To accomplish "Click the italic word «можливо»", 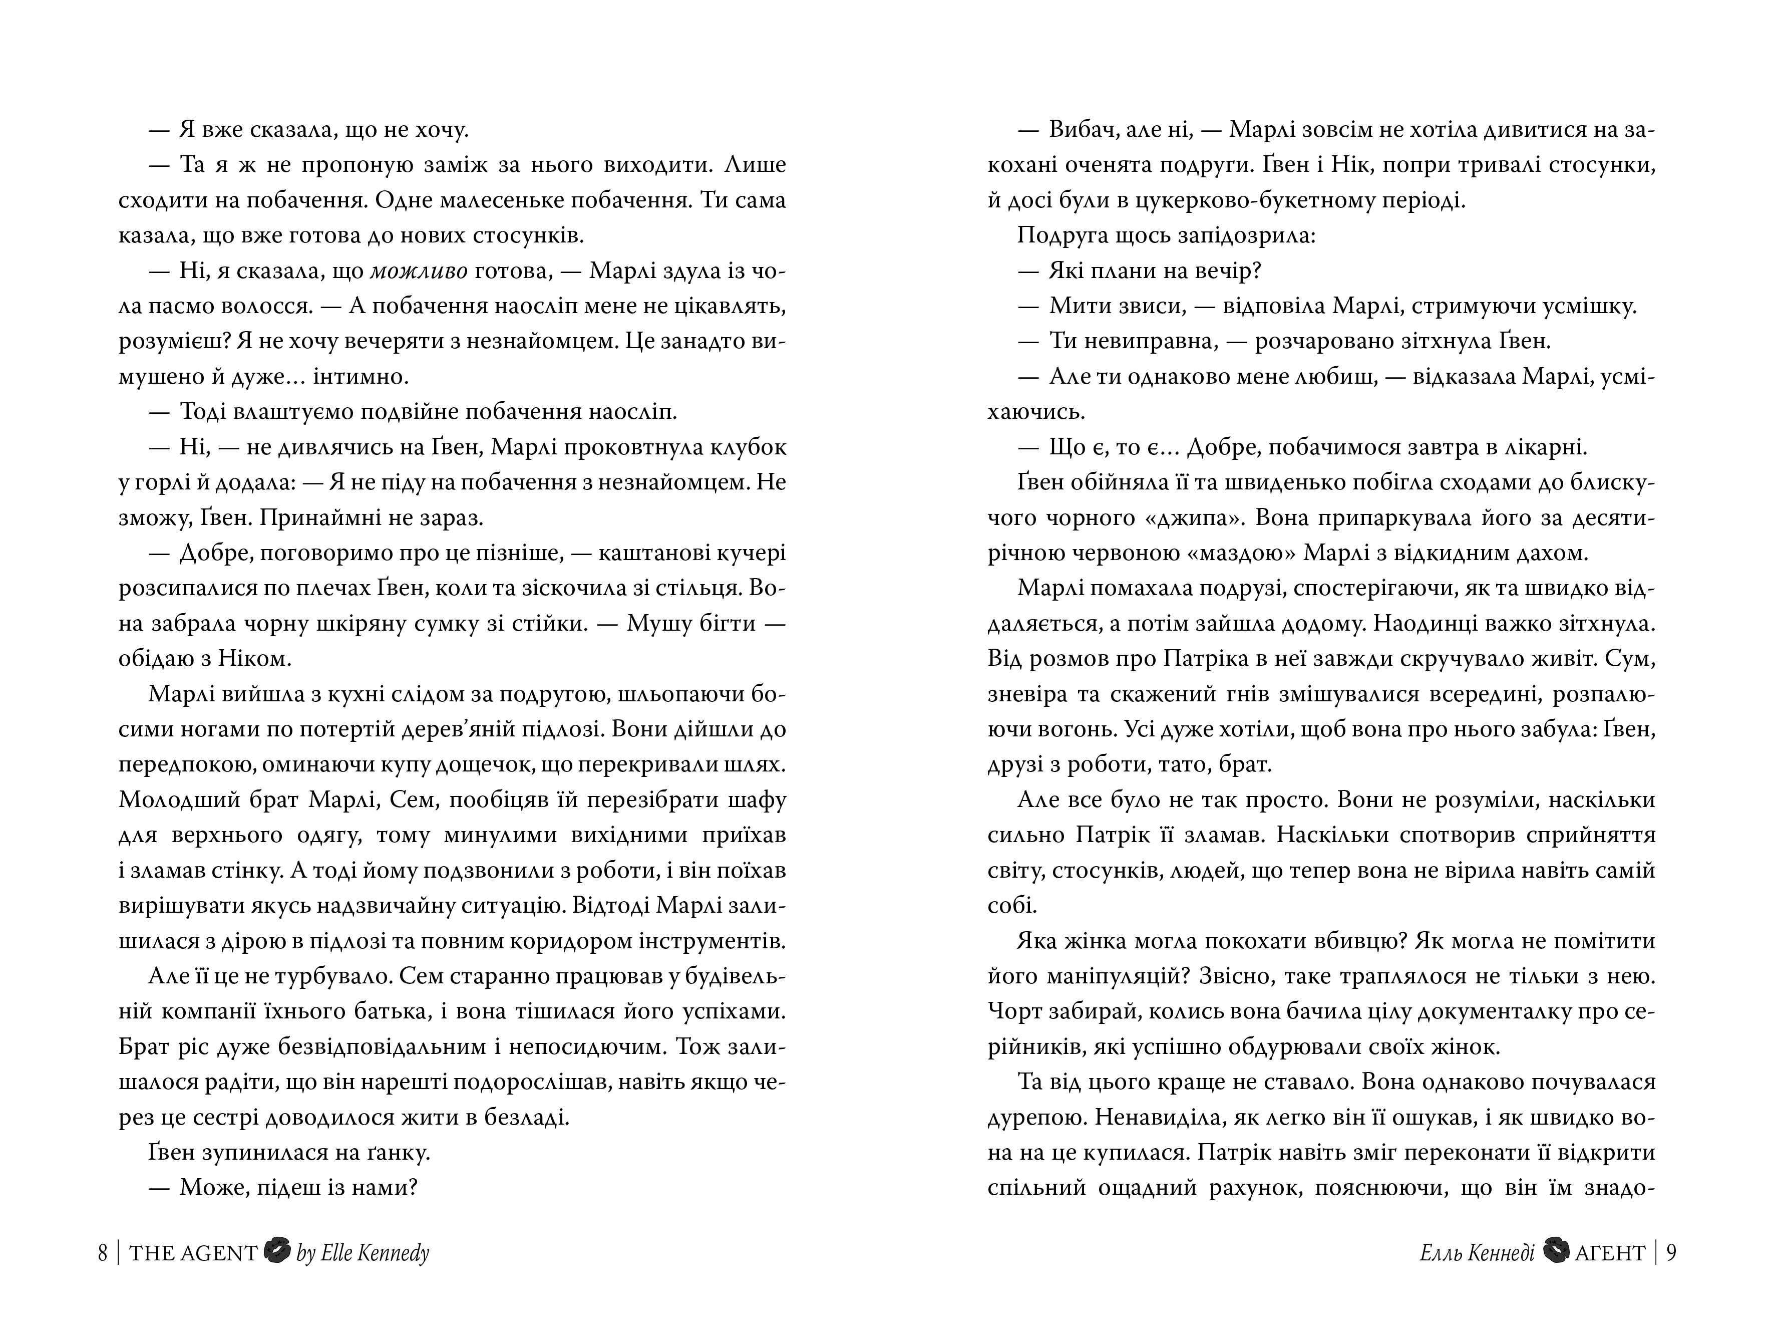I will coord(419,271).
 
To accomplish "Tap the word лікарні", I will coord(1539,447).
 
